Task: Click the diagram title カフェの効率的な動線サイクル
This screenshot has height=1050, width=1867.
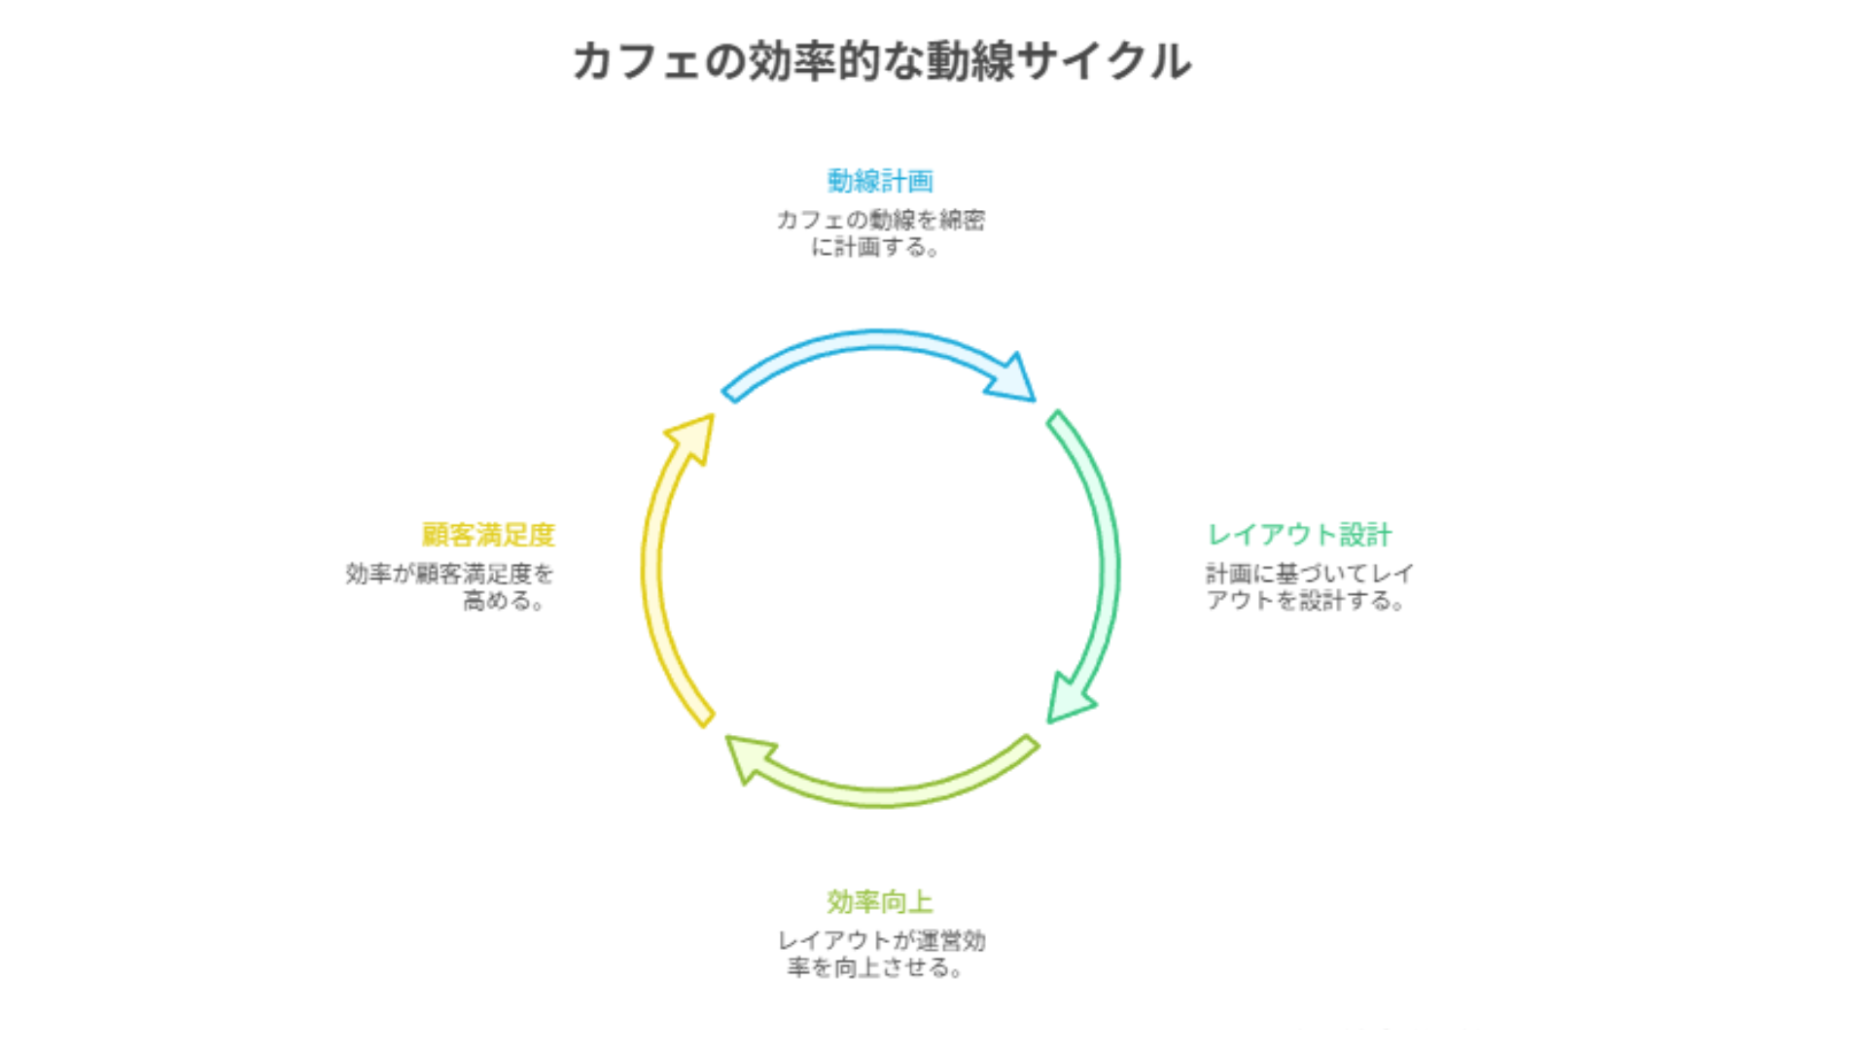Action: [881, 61]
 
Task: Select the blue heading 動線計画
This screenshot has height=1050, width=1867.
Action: [880, 181]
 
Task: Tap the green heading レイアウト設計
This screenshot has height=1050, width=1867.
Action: [1299, 535]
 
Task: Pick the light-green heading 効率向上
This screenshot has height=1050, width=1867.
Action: [880, 902]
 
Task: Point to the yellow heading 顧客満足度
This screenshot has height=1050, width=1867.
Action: [488, 535]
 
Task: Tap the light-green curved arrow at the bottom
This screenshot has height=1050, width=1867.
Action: [904, 792]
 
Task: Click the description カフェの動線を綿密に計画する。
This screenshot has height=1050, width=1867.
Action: [880, 233]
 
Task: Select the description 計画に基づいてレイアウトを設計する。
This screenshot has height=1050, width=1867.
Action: [1309, 587]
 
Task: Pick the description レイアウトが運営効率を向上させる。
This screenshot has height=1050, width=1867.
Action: [880, 954]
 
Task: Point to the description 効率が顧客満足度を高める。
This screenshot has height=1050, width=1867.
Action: [449, 587]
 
